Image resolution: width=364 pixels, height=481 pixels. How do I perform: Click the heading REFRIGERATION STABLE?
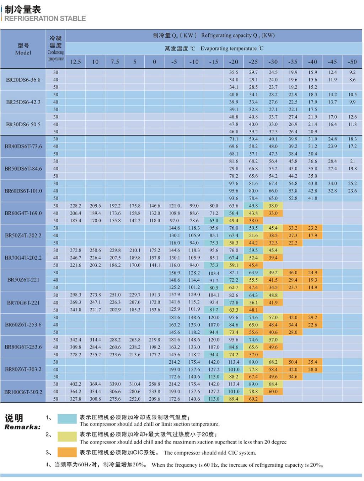pos(45,18)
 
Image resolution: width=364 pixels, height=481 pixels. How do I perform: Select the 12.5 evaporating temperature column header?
pos(75,62)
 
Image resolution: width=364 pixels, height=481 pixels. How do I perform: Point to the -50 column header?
pos(352,62)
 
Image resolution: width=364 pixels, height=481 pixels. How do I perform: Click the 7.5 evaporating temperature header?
pos(115,62)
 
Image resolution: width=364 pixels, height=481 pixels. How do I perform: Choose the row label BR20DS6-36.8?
pos(23,80)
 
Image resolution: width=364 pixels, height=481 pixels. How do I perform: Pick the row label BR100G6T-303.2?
pos(23,392)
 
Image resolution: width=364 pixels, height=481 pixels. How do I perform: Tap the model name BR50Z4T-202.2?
pos(23,236)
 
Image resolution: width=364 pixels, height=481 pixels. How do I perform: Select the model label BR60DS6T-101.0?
pos(23,191)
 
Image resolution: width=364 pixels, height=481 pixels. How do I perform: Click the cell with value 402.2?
pos(75,384)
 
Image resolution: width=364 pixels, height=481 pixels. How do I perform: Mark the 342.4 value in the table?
pos(75,340)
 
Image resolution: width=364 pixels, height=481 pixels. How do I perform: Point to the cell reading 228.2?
pos(75,206)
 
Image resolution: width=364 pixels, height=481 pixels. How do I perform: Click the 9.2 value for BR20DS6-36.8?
pos(352,72)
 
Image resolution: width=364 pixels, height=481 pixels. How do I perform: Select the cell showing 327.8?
pos(75,399)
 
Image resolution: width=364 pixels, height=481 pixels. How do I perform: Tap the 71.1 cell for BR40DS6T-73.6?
pos(234,139)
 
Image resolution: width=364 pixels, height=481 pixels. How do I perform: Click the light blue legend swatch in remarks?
pos(67,419)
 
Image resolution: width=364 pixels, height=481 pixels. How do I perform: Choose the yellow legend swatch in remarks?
pos(67,436)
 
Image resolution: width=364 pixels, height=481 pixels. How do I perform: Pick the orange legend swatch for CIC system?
pos(67,452)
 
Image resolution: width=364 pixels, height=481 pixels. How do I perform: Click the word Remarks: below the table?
pos(22,427)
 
